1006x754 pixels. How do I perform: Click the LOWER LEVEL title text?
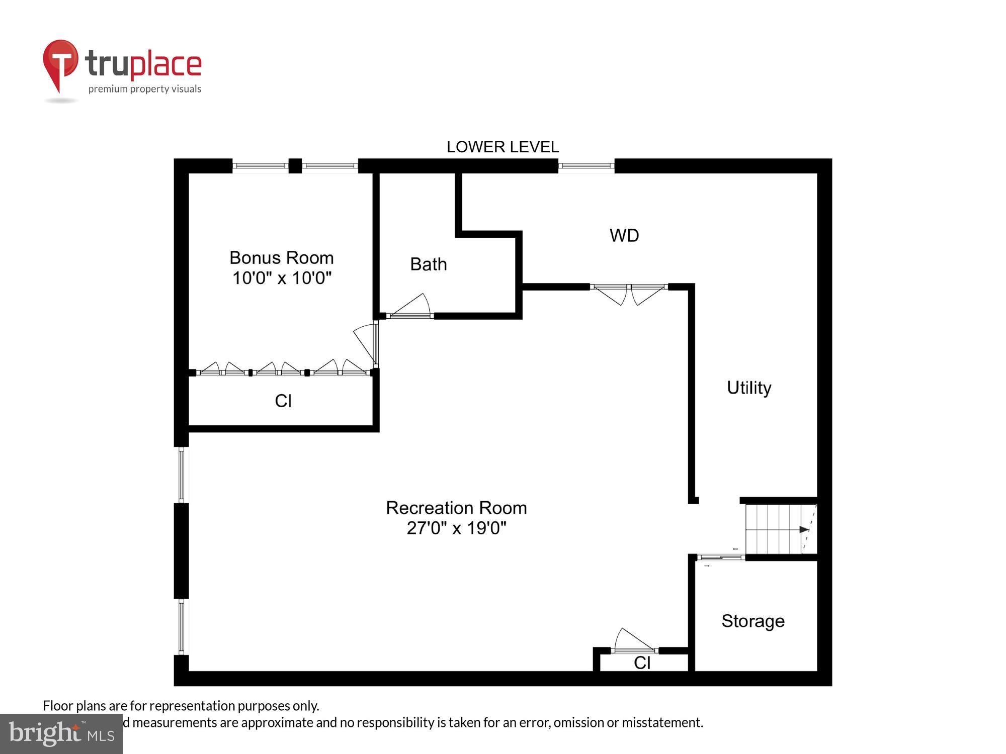502,147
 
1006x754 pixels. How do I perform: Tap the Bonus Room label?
281,258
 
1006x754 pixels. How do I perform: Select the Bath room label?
428,264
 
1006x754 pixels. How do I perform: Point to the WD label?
624,236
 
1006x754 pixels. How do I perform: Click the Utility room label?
748,388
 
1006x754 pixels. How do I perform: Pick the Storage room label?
752,621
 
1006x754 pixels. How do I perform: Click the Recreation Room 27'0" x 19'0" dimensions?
456,528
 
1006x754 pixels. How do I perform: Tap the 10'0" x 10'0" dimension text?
282,278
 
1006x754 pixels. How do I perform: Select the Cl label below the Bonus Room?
283,401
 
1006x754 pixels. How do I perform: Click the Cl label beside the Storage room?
642,663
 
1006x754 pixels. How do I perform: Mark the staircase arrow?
804,529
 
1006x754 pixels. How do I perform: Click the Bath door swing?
411,307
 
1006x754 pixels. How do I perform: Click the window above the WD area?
586,166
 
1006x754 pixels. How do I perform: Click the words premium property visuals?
145,89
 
